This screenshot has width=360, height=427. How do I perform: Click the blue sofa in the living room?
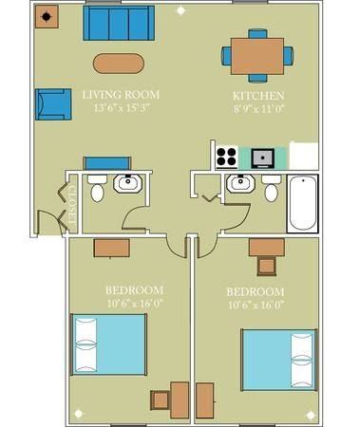click(x=118, y=24)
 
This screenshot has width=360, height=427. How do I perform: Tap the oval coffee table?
click(x=120, y=64)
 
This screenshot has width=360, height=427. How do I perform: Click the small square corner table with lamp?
click(x=47, y=17)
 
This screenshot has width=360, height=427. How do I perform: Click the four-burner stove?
click(x=226, y=156)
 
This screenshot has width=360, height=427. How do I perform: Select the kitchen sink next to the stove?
click(x=262, y=156)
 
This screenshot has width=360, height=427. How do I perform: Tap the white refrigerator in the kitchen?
click(x=303, y=156)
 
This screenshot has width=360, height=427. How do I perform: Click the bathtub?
click(x=302, y=203)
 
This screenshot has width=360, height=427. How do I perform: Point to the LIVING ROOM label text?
click(x=120, y=95)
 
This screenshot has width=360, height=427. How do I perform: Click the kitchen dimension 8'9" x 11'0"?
click(x=259, y=110)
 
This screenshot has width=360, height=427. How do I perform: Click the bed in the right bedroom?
click(x=278, y=360)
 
